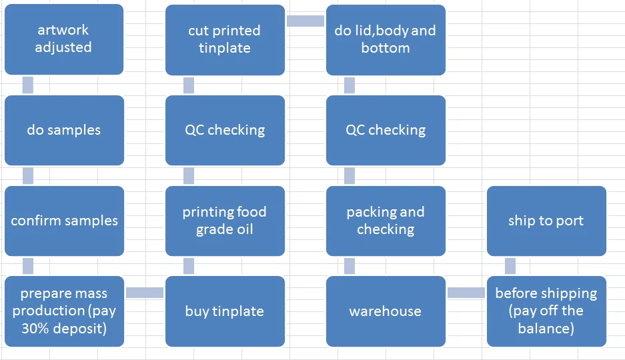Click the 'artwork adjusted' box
[64, 39]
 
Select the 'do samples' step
[64, 130]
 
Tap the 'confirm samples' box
[64, 221]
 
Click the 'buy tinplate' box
[225, 311]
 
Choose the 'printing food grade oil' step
[225, 221]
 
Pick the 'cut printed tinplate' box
[225, 40]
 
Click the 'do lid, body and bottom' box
[386, 40]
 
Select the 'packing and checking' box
[386, 221]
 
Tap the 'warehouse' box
[386, 311]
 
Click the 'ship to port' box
[546, 221]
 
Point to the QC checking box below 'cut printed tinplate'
[225, 130]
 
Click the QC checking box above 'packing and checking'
[386, 130]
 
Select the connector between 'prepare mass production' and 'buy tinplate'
[145, 293]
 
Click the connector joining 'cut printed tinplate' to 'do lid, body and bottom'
[305, 21]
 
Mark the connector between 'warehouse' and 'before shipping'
[466, 293]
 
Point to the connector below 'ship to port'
[510, 266]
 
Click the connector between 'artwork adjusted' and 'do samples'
[28, 85]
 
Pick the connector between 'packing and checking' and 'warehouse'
[350, 266]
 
